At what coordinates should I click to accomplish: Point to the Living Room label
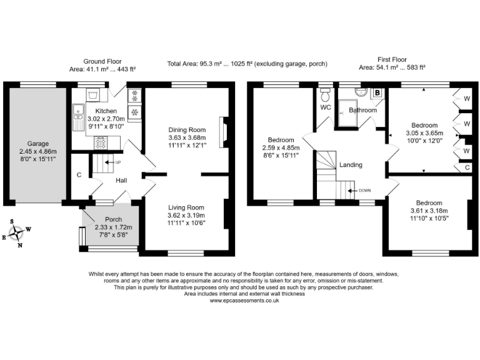click(187, 207)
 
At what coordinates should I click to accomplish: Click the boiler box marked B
click(377, 93)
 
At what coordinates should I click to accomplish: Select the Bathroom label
click(362, 110)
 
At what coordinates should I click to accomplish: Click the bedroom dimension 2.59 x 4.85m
click(280, 147)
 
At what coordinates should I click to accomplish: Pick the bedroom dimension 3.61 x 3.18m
click(429, 211)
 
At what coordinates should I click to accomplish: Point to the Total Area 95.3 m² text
click(246, 64)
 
